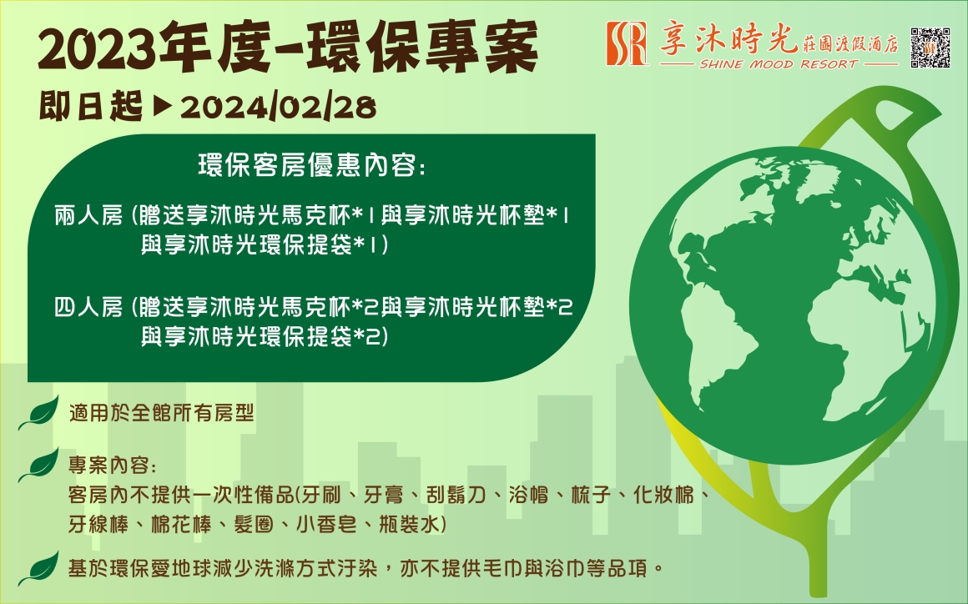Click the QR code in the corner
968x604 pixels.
(930, 47)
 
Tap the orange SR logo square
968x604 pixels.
(628, 43)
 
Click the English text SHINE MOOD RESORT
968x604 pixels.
(778, 64)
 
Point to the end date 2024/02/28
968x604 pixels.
(278, 108)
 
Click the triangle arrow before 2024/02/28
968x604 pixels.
(162, 107)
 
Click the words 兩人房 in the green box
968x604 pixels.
(89, 216)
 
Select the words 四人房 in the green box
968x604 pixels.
(89, 307)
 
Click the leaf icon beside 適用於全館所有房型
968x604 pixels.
(39, 412)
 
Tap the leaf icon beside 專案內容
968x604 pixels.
(39, 465)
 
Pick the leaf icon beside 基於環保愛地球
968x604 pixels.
(39, 567)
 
